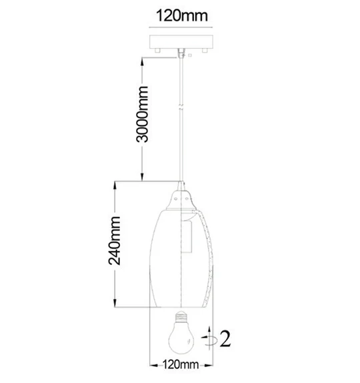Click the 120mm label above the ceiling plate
pos(182,16)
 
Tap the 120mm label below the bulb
pos(181,365)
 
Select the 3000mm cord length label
pos(142,114)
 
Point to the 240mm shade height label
pos(115,241)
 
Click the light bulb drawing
pos(181,332)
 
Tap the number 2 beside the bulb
pos(225,338)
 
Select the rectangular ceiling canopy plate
pos(181,42)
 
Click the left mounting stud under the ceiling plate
pos(157,51)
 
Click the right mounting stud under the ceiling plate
pos(205,51)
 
